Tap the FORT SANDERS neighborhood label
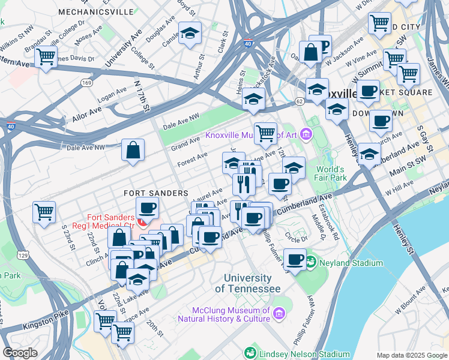point(156,193)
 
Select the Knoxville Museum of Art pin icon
point(307,134)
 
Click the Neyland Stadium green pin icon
point(310,262)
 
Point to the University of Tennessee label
point(247,283)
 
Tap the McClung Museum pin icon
point(279,313)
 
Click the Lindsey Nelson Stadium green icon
point(250,353)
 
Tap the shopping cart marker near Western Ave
point(46,57)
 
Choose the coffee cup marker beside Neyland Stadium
point(295,259)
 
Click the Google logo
point(20,353)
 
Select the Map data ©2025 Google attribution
point(411,355)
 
